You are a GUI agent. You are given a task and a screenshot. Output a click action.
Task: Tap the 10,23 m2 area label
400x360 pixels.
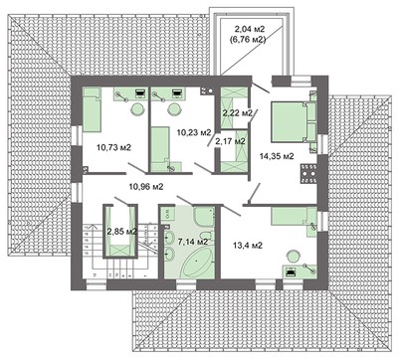click(192, 131)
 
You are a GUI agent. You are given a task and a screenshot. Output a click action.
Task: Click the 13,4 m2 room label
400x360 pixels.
click(248, 245)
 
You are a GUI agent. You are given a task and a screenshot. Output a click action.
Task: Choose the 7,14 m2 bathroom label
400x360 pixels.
click(193, 241)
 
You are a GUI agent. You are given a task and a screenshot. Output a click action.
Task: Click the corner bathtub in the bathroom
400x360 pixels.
click(196, 261)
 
